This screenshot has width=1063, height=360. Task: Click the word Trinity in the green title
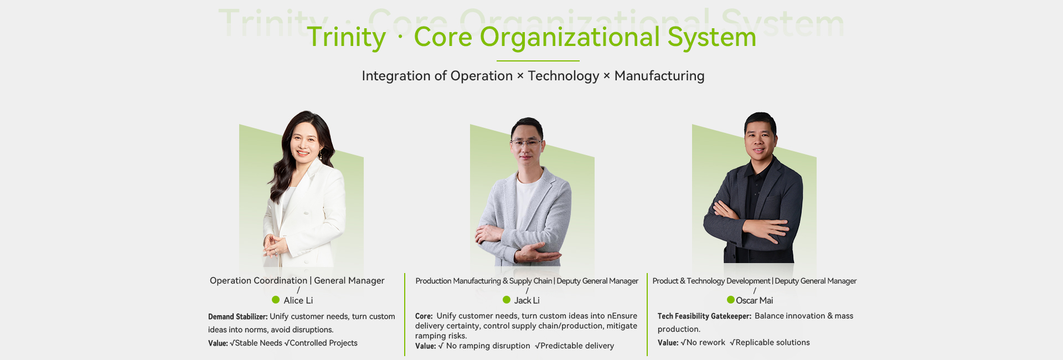click(346, 37)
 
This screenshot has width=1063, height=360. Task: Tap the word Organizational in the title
click(570, 38)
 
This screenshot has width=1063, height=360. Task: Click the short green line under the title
click(538, 61)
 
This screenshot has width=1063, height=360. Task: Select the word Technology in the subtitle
click(564, 76)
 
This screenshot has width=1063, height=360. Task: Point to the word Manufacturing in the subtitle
click(659, 76)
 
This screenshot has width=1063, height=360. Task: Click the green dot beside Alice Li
click(276, 300)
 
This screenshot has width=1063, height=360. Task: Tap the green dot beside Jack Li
click(507, 300)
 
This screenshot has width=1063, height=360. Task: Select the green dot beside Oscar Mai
click(731, 300)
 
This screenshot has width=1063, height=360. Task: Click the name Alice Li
click(298, 300)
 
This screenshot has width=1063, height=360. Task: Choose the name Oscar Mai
click(755, 300)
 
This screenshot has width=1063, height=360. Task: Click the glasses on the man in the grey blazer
click(525, 143)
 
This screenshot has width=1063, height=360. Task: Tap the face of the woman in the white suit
click(305, 142)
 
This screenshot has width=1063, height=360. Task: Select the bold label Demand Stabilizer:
click(238, 317)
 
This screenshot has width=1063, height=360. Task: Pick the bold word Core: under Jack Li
click(424, 316)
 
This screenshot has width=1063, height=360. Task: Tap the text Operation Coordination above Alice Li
click(259, 281)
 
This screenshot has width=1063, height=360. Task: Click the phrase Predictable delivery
click(577, 346)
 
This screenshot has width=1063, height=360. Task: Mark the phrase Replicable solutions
click(773, 343)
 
